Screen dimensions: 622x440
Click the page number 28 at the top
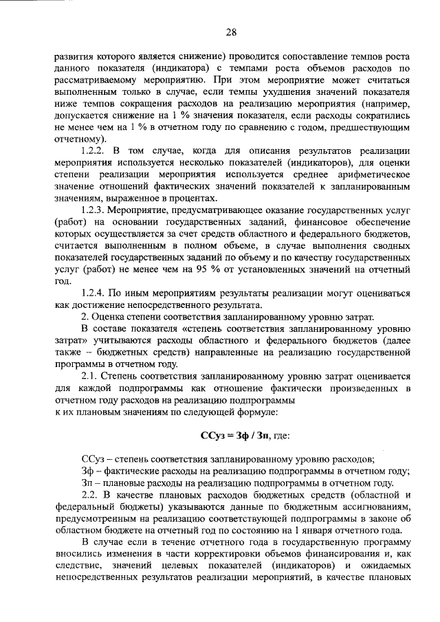click(x=230, y=32)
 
